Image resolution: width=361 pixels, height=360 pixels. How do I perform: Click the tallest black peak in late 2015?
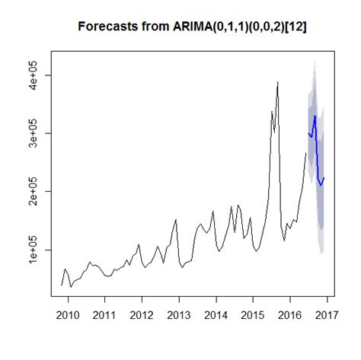(278, 82)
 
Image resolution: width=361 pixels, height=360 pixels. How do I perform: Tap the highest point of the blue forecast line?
(315, 116)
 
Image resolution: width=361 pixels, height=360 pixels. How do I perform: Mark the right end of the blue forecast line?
(324, 178)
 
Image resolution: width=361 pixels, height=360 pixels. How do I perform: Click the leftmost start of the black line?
(62, 285)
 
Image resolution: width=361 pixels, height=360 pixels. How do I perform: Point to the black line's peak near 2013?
(176, 220)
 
